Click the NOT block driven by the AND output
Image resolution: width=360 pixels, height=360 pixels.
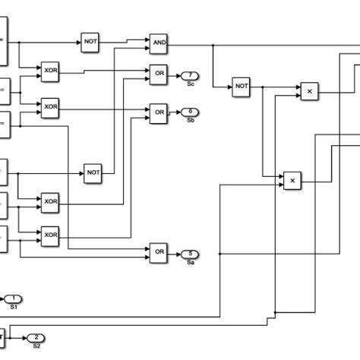[242, 88]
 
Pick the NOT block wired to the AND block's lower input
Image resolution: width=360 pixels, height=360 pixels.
[93, 172]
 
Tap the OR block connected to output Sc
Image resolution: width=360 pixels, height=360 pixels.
[158, 75]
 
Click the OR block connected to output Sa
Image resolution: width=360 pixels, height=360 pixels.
[158, 253]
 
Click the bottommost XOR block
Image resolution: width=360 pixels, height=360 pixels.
[51, 235]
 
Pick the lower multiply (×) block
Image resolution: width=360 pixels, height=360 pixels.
[292, 182]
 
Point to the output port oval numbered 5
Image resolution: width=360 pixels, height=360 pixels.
[189, 253]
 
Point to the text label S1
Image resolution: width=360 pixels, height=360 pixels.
[14, 307]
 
